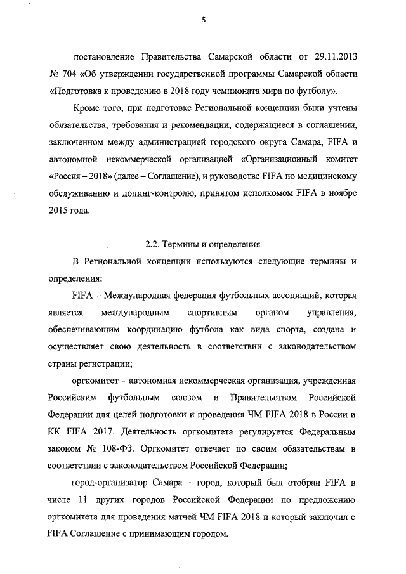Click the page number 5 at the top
[x=204, y=20]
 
